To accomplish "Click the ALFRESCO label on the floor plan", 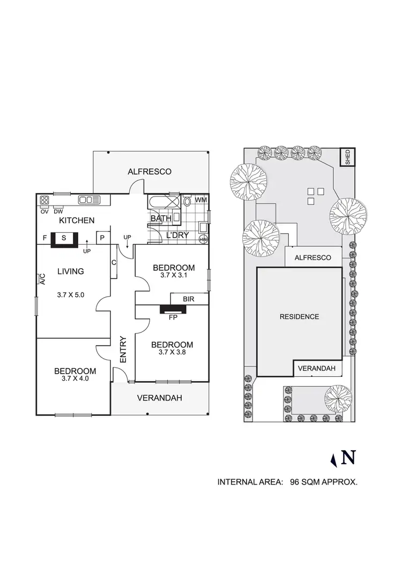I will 150,172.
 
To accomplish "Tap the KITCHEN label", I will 77,221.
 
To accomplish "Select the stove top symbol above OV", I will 44,201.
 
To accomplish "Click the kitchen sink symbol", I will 90,200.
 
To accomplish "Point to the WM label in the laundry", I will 201,200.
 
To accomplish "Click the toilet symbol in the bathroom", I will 187,202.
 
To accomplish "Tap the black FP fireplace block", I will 172,309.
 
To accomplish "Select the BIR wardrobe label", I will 188,298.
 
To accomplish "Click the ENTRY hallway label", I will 123,349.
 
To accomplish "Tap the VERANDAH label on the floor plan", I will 159,398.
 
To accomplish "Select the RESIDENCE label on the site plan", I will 299,316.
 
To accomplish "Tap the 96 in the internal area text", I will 294,482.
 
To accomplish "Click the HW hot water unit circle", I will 203,240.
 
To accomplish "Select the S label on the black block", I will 64,238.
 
